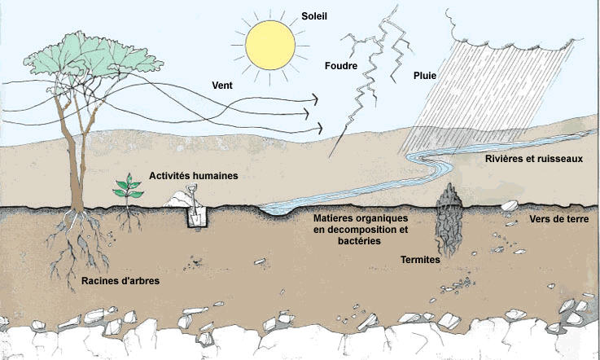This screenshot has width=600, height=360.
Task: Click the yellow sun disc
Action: [x=270, y=45]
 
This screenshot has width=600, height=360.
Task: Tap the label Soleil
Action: [x=314, y=16]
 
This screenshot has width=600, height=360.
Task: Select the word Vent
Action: [x=222, y=85]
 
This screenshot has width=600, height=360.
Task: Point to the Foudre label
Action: [x=341, y=66]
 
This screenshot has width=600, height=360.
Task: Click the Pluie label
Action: [x=425, y=76]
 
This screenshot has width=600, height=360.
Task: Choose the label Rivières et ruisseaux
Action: [x=534, y=159]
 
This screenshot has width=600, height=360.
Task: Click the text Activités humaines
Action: [x=193, y=176]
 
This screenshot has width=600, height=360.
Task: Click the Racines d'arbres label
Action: [x=120, y=281]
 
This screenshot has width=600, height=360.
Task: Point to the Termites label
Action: [x=420, y=260]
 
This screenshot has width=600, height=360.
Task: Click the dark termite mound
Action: [x=449, y=219]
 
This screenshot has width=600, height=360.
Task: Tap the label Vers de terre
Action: [x=559, y=219]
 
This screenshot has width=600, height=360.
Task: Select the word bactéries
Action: [x=359, y=241]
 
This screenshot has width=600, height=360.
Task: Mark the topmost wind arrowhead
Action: [x=315, y=99]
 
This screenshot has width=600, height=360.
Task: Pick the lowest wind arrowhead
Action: [x=319, y=129]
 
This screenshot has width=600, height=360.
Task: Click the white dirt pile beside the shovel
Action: [x=177, y=200]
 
